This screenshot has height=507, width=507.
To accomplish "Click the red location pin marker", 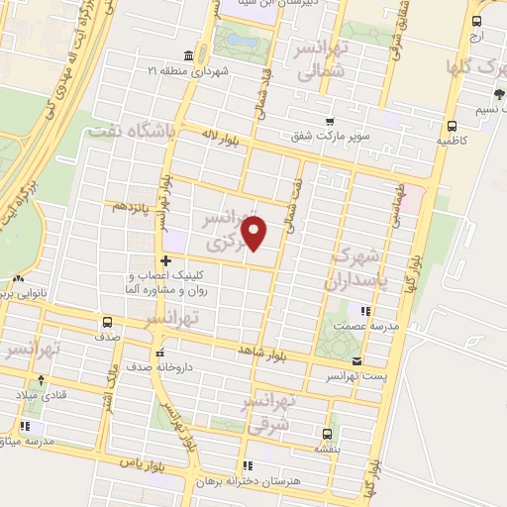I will click(x=255, y=233).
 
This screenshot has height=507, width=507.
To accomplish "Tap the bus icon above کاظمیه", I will click(x=452, y=126).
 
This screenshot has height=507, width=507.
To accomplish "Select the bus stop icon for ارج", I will click(x=476, y=20).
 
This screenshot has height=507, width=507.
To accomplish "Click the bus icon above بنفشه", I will click(x=327, y=432).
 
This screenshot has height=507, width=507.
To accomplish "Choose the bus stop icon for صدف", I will click(x=107, y=321).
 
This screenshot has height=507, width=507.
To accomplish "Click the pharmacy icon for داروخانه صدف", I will click(x=158, y=351).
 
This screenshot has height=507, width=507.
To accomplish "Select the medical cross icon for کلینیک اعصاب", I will click(x=165, y=259).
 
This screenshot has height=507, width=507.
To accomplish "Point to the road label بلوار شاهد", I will click(x=260, y=352).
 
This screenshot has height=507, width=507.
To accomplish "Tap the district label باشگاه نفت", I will click(x=131, y=131).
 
